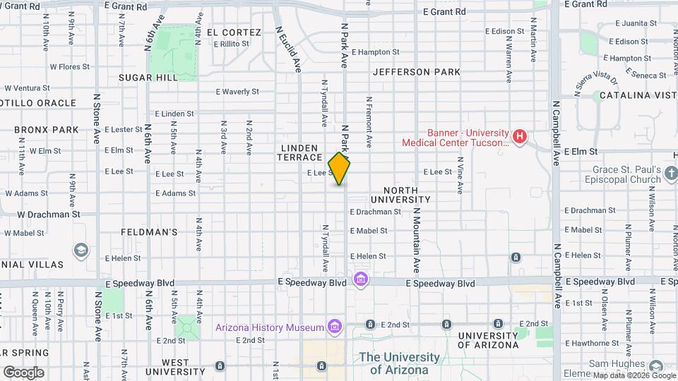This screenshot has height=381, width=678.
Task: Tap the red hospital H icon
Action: coord(521,136)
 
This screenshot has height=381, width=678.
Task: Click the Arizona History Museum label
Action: coord(270,327)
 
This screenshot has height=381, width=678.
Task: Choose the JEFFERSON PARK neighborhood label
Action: coord(417,72)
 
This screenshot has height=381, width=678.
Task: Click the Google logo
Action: coord(23,372)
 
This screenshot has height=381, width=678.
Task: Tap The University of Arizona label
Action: coord(399,363)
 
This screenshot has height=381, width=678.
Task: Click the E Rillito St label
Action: coord(227,44)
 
